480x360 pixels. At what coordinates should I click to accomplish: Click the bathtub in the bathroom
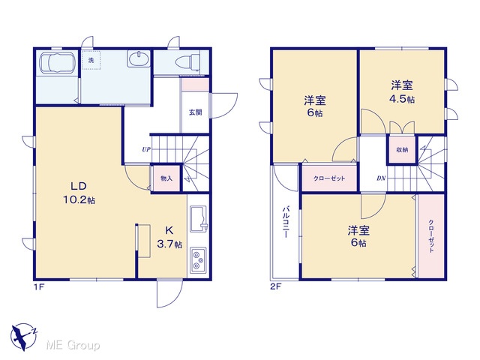tap(58, 62)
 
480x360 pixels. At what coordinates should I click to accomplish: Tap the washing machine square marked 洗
tap(91, 60)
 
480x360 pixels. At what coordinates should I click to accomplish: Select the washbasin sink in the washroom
tap(139, 58)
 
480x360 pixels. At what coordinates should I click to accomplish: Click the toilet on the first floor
tap(187, 62)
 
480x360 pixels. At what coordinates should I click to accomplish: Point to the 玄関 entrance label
tap(195, 112)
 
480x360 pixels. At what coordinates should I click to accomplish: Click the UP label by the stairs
tap(146, 149)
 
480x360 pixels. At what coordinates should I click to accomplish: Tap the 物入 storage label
tap(166, 178)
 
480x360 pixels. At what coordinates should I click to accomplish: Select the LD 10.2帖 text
tap(79, 193)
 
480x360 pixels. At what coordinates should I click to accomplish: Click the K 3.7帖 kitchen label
tap(169, 237)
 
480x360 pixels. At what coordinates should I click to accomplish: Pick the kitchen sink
tap(199, 219)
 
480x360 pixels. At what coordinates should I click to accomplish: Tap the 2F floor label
tap(275, 286)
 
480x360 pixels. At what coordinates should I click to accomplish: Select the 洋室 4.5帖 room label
tap(402, 91)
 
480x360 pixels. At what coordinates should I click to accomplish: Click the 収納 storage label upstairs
tap(402, 150)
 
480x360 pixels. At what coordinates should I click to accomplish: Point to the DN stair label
tap(381, 178)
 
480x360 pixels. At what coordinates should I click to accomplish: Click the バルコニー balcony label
tap(286, 222)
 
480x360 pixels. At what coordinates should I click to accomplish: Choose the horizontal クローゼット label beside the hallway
tap(329, 178)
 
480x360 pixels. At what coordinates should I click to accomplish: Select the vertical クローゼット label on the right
tap(431, 236)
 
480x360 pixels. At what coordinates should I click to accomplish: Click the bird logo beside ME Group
tap(23, 337)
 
